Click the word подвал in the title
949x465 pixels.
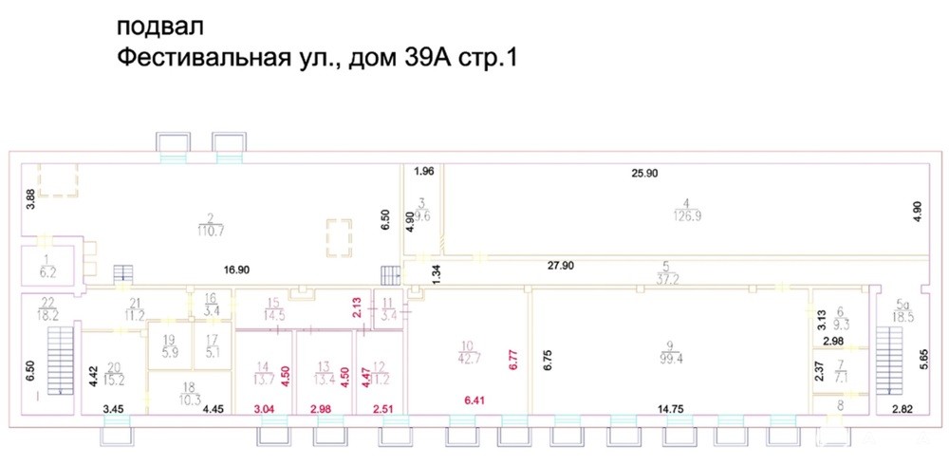[x=156, y=23]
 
